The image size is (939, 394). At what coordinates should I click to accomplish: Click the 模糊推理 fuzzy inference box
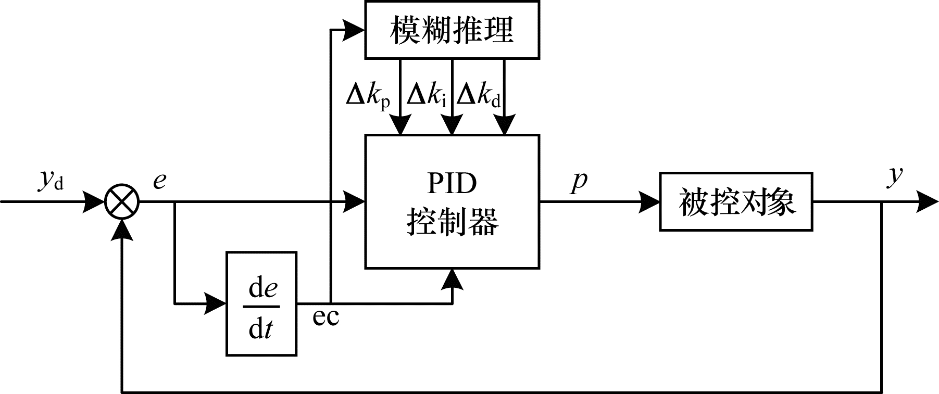coord(452,29)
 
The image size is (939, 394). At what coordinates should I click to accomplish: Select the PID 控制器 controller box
coord(452,201)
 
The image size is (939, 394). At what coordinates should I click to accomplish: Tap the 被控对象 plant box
coord(736,201)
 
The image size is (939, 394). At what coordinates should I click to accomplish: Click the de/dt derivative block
coord(261,303)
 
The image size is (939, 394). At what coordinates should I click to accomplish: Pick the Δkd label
coord(479,96)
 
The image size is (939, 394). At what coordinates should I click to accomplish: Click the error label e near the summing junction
coord(159,180)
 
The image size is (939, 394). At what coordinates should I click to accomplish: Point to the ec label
coord(325,316)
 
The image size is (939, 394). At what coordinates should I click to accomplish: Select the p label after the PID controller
coord(579,181)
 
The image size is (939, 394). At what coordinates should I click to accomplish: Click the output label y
coord(895,175)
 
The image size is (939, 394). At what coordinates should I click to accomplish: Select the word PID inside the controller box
coord(452,183)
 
